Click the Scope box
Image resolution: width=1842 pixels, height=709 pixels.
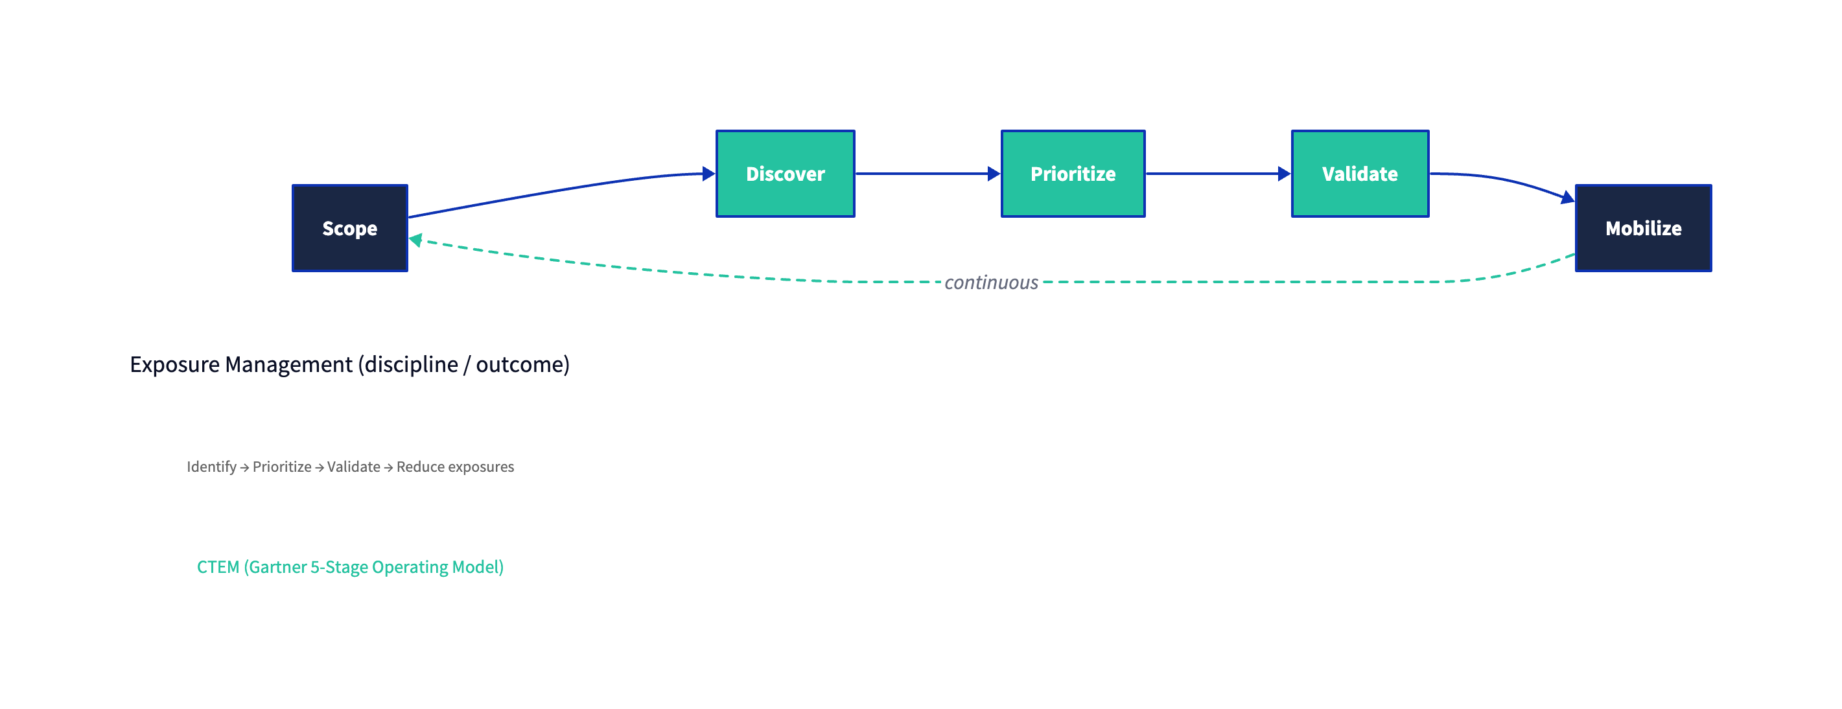click(349, 228)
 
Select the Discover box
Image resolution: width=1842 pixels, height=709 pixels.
click(785, 174)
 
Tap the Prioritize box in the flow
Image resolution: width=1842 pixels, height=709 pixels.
click(1073, 174)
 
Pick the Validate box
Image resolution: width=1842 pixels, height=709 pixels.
click(1359, 174)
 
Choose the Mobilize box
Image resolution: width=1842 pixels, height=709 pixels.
click(1643, 228)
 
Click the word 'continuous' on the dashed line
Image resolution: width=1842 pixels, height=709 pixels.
click(991, 283)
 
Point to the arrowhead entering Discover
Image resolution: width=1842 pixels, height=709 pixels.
click(708, 174)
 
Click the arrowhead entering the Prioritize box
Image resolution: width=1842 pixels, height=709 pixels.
click(993, 174)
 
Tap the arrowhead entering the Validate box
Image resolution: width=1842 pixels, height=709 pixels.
click(1283, 174)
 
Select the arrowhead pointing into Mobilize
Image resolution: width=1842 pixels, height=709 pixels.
click(1567, 197)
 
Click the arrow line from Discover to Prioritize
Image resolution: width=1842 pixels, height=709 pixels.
click(922, 174)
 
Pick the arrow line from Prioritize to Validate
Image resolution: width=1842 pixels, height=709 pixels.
click(1212, 174)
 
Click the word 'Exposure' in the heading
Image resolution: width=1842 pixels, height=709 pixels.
click(174, 364)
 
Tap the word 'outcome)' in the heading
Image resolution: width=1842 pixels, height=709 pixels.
click(522, 364)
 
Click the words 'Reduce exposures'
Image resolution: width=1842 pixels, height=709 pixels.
click(455, 467)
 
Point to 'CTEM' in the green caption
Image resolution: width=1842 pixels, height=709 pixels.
click(217, 567)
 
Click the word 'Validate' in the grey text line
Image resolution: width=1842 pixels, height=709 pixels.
click(353, 467)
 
